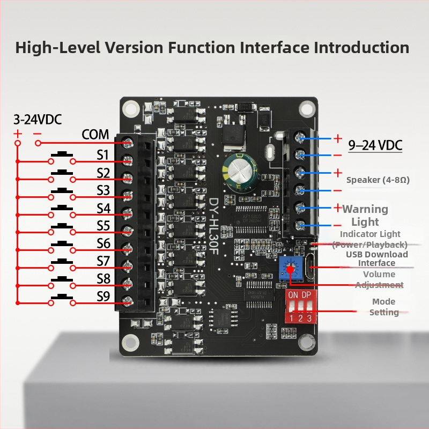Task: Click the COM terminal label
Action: (x=95, y=135)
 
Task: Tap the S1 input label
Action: (x=103, y=155)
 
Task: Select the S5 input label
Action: (x=103, y=226)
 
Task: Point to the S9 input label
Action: (x=103, y=297)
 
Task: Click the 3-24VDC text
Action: (x=38, y=119)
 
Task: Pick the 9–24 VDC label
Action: (x=375, y=145)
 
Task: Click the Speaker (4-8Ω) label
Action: (x=378, y=180)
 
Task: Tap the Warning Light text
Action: (x=365, y=216)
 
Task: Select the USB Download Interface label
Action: (x=376, y=258)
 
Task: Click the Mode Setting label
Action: (x=384, y=307)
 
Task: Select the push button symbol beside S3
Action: (x=62, y=191)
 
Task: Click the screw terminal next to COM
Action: (x=128, y=142)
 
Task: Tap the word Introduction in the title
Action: (x=361, y=47)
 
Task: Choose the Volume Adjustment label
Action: (x=379, y=279)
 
